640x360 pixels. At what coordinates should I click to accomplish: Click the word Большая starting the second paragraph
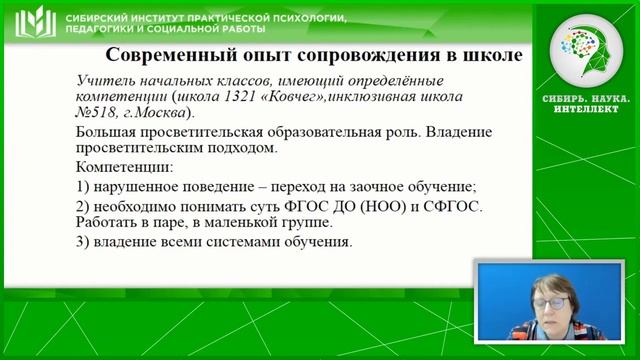(x=107, y=133)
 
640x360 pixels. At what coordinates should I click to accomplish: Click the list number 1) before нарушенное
(x=85, y=186)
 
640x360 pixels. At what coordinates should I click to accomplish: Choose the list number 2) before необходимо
(x=85, y=206)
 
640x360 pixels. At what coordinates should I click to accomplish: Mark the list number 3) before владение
(x=85, y=243)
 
